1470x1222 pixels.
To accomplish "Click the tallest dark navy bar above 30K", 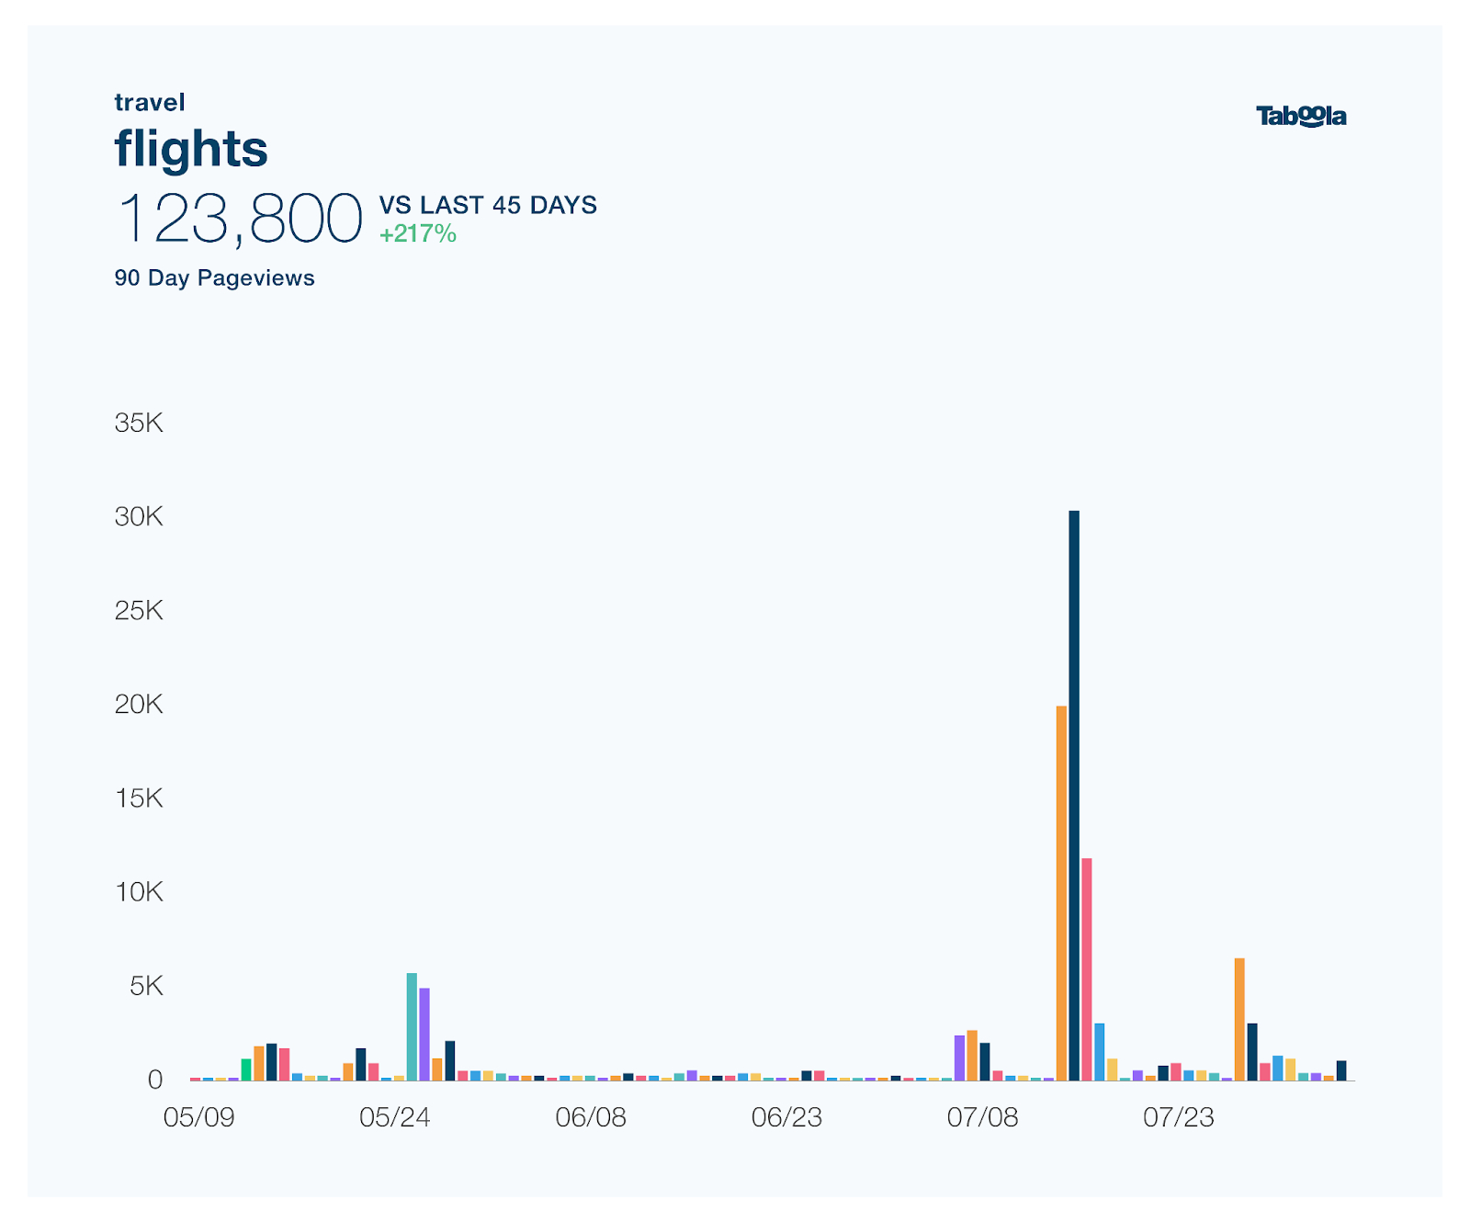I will click(x=1074, y=795).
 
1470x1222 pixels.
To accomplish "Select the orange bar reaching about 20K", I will click(x=1061, y=892).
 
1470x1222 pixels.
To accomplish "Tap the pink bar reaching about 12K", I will click(x=1087, y=968).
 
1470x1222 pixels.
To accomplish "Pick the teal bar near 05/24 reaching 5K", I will click(x=412, y=1026).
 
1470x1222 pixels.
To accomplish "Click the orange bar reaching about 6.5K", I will click(x=1239, y=1019).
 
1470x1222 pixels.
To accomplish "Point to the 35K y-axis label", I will click(x=139, y=423).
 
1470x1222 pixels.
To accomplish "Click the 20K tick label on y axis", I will click(x=139, y=705).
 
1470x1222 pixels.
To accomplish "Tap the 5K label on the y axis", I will click(x=146, y=987).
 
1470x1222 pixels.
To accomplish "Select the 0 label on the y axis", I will click(x=155, y=1080).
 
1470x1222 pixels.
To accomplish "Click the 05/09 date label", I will click(x=198, y=1117).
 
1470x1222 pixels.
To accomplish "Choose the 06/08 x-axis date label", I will click(x=591, y=1117).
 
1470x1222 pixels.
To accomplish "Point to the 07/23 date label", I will click(x=1179, y=1117).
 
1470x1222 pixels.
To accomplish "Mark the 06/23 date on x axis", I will click(x=786, y=1117).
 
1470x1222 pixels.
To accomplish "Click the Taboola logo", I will click(x=1301, y=117).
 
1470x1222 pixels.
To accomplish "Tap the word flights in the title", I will click(x=191, y=148).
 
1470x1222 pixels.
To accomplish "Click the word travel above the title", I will click(x=150, y=102).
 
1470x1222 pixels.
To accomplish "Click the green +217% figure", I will click(x=418, y=234).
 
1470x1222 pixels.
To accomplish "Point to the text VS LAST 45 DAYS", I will click(x=488, y=205).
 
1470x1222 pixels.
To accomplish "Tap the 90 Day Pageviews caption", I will click(x=214, y=278).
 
